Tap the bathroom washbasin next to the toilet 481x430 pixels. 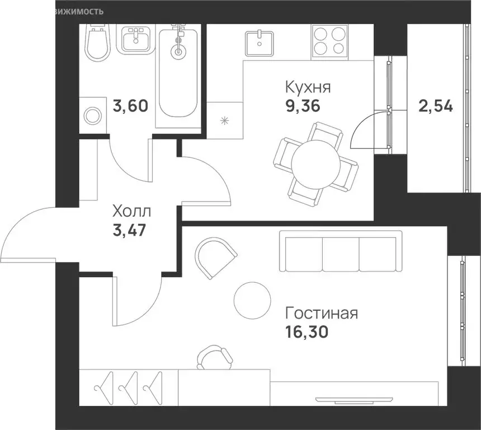134,40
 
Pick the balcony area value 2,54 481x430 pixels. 436,106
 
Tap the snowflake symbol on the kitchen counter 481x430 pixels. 224,121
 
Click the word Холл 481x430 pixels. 132,212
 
